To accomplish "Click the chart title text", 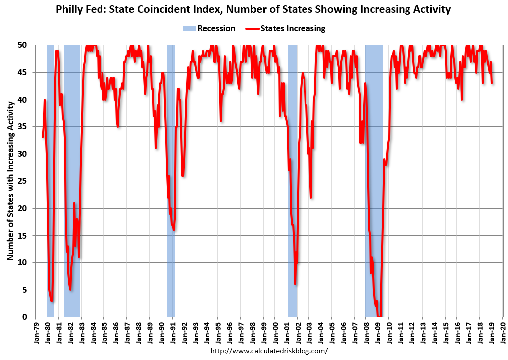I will (254, 9).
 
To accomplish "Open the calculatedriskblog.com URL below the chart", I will (270, 351).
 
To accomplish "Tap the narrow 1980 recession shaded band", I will (50, 149).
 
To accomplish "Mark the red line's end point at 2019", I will (492, 83).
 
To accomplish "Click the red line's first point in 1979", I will (43, 137).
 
